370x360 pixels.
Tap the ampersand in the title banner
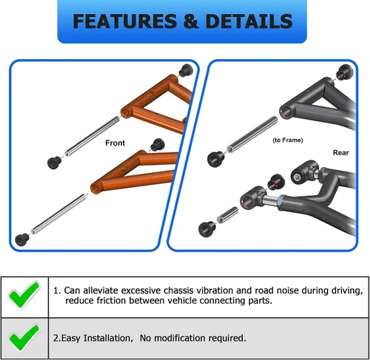191,21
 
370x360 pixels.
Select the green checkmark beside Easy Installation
24,338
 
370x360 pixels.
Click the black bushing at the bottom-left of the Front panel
21,240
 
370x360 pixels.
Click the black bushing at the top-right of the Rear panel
342,73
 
